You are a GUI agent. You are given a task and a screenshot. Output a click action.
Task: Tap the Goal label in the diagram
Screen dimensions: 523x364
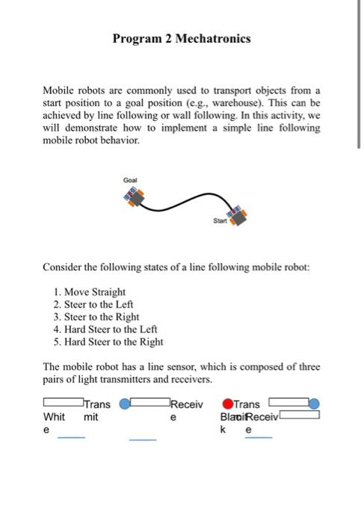pos(131,180)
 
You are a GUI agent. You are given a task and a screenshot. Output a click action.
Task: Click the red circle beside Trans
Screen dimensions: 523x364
pos(227,404)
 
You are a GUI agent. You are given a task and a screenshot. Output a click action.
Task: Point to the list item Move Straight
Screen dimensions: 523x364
pos(94,292)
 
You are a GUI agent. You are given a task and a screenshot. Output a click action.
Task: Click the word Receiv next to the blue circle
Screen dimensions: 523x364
pos(187,404)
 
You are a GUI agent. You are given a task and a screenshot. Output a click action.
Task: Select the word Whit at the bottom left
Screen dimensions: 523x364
pos(55,417)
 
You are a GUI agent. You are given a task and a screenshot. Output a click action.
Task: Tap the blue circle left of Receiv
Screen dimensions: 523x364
pos(125,404)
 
